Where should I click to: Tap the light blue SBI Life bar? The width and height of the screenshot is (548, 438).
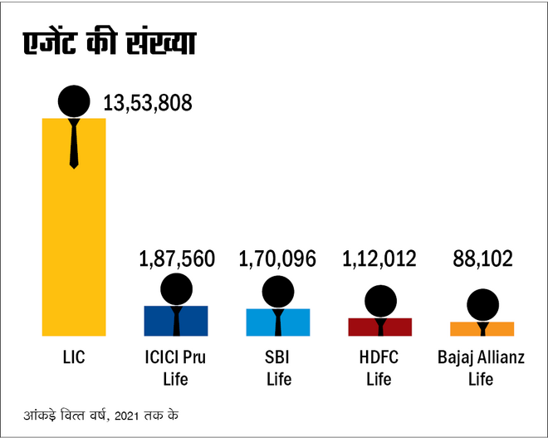point(277,322)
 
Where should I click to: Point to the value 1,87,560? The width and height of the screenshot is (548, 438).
point(175,258)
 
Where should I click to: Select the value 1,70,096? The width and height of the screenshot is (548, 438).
point(277,258)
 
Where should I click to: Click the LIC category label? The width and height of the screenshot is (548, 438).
point(73,359)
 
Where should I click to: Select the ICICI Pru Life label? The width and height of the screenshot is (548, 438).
point(175,369)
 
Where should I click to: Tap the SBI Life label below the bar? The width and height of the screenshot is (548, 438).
point(277,369)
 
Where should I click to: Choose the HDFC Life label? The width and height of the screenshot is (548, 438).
point(380,369)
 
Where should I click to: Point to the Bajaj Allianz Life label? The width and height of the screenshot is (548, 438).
point(481,369)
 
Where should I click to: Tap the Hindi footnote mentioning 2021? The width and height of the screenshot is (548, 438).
point(100,413)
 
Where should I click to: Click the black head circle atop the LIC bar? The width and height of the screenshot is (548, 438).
point(74,101)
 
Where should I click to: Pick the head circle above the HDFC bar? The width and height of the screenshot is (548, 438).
point(380,302)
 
